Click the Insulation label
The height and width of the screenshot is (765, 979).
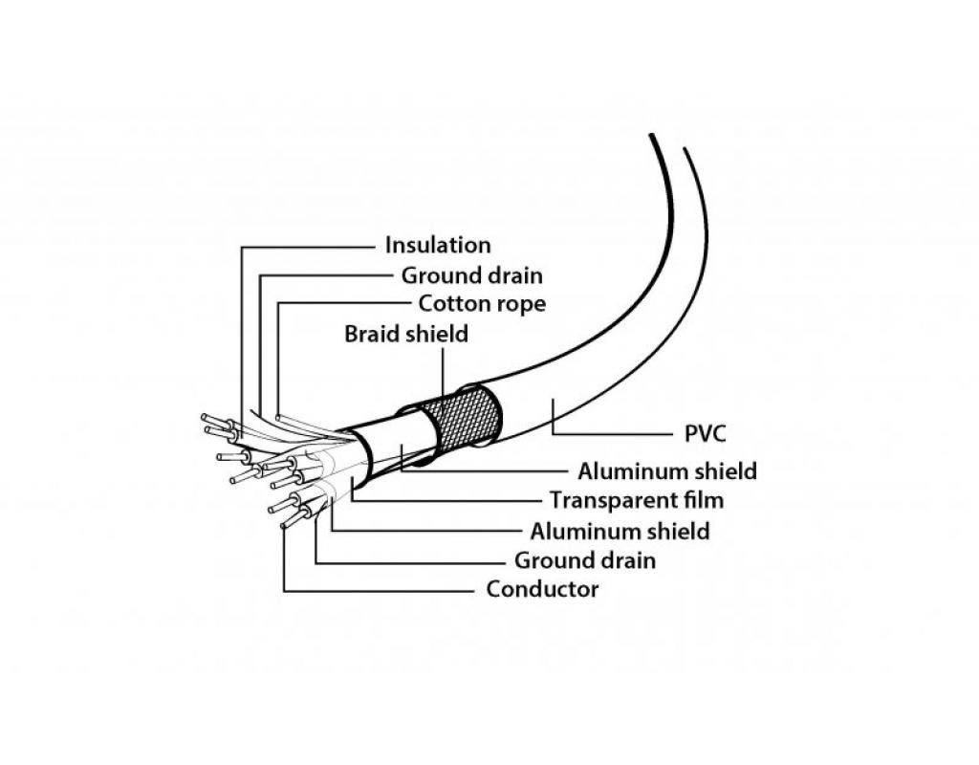[x=438, y=246]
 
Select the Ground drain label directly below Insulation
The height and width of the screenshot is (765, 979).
[x=471, y=276]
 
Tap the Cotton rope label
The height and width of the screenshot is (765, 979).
[x=482, y=305]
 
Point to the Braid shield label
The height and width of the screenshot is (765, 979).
[x=406, y=335]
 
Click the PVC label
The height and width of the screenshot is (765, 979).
[x=705, y=434]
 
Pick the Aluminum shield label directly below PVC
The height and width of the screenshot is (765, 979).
[x=667, y=471]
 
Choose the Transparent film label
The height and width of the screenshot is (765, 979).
[x=637, y=500]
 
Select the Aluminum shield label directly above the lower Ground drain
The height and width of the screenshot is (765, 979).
[x=620, y=531]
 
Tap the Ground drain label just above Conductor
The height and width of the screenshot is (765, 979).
[x=585, y=560]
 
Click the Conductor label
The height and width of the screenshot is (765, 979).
[x=542, y=589]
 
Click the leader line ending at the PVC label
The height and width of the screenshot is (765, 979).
[x=612, y=434]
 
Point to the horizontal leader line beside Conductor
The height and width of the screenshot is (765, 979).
[x=382, y=590]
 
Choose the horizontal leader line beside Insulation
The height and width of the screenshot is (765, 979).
[x=306, y=247]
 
